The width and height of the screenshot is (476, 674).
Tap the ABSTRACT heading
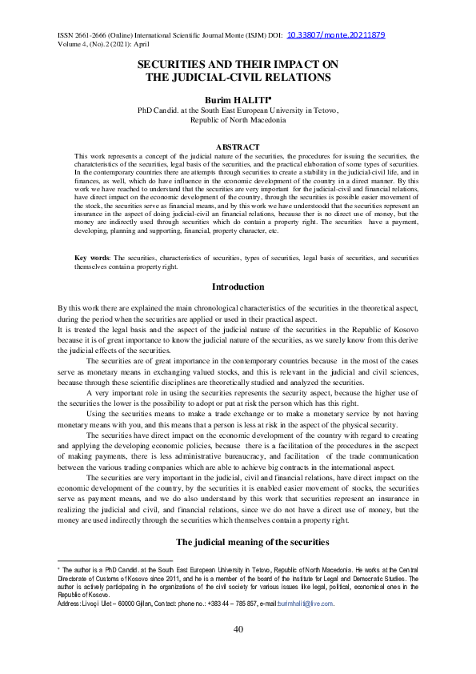[x=238, y=146]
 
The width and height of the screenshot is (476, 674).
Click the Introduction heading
[x=238, y=287]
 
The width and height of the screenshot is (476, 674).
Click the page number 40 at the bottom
[x=238, y=629]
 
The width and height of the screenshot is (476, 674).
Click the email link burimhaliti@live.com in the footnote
[x=305, y=604]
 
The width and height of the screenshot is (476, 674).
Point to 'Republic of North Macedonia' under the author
[x=238, y=118]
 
